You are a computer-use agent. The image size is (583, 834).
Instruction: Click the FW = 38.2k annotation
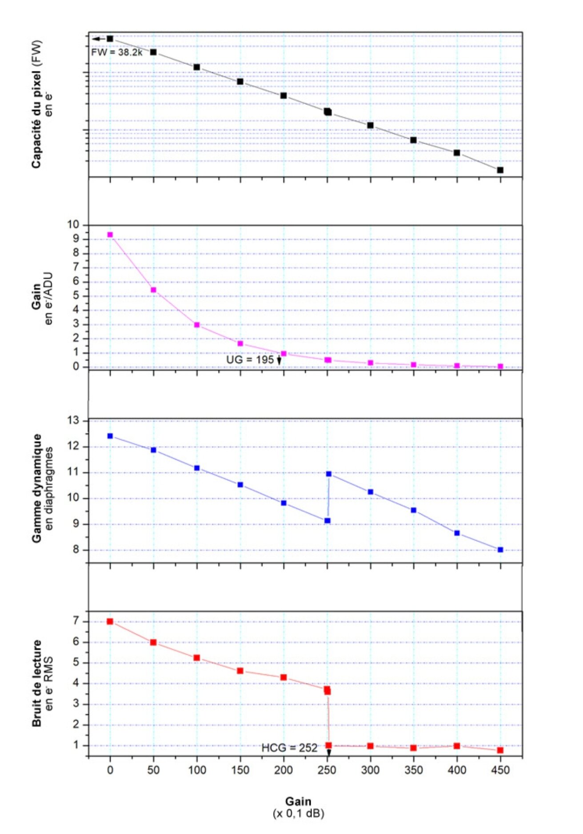tap(117, 52)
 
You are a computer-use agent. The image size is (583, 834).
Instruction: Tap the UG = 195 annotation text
tap(250, 360)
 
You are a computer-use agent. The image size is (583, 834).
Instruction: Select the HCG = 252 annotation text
tap(289, 748)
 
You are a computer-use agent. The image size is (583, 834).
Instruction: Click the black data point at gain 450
tap(500, 170)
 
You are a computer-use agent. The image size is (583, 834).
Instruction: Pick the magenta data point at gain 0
tap(110, 235)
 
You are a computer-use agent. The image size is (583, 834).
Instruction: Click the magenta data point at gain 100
tap(197, 325)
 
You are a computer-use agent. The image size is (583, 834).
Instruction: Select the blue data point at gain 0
tap(110, 436)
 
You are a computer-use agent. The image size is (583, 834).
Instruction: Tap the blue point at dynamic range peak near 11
tap(329, 474)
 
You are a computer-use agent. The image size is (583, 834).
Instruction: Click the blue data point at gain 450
tap(500, 550)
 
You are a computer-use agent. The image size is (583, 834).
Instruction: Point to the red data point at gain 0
tap(110, 621)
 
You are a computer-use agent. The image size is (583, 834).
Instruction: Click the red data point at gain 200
tap(284, 678)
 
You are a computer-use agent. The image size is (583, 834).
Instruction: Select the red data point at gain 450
tap(500, 750)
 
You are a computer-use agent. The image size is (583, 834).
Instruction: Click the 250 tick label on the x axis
tap(327, 770)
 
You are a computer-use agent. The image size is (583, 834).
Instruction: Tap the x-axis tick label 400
tap(457, 770)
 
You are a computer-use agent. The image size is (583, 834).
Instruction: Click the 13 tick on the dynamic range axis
tap(73, 421)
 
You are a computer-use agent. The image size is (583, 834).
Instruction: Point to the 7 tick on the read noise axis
tap(76, 621)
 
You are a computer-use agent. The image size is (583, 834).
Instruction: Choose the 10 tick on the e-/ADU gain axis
tap(73, 225)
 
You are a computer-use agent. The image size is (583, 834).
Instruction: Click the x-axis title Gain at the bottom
tap(298, 801)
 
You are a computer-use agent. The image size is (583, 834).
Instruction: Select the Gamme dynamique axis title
tap(36, 488)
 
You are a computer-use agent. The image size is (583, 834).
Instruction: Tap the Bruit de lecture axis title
tap(36, 683)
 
